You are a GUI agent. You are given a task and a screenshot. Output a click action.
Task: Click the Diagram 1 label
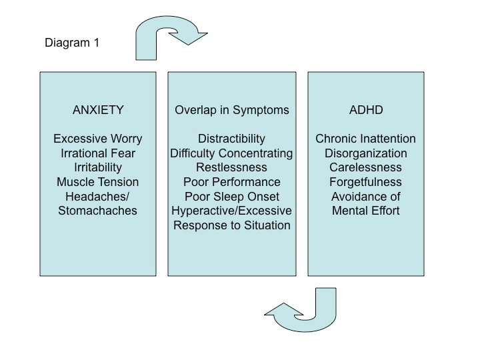click(73, 43)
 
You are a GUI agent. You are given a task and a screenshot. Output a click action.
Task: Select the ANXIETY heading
click(97, 109)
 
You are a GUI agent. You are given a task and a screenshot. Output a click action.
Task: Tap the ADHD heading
click(365, 109)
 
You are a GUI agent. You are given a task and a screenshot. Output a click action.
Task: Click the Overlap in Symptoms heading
click(231, 109)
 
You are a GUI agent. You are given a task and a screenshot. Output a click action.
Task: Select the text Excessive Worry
click(97, 139)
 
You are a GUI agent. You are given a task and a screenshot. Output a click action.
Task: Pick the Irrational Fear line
click(97, 153)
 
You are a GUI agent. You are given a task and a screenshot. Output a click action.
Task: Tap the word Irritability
click(97, 167)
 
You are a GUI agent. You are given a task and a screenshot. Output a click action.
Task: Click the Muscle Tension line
click(97, 182)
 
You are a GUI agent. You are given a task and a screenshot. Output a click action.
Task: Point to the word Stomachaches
click(97, 211)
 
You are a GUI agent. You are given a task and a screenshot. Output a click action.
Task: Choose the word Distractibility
click(231, 139)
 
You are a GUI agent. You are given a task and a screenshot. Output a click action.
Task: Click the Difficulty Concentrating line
click(231, 153)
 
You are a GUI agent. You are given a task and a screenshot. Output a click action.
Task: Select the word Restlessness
click(231, 167)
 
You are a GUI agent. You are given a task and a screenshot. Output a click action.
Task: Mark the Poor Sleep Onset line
click(231, 196)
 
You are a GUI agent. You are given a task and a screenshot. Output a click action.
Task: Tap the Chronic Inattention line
click(365, 139)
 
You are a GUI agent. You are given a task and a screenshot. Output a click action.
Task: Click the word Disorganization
click(365, 153)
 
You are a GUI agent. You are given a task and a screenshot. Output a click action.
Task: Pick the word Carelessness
click(365, 167)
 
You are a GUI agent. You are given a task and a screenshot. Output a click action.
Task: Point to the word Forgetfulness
click(365, 182)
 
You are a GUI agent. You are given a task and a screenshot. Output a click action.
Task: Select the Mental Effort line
click(365, 211)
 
